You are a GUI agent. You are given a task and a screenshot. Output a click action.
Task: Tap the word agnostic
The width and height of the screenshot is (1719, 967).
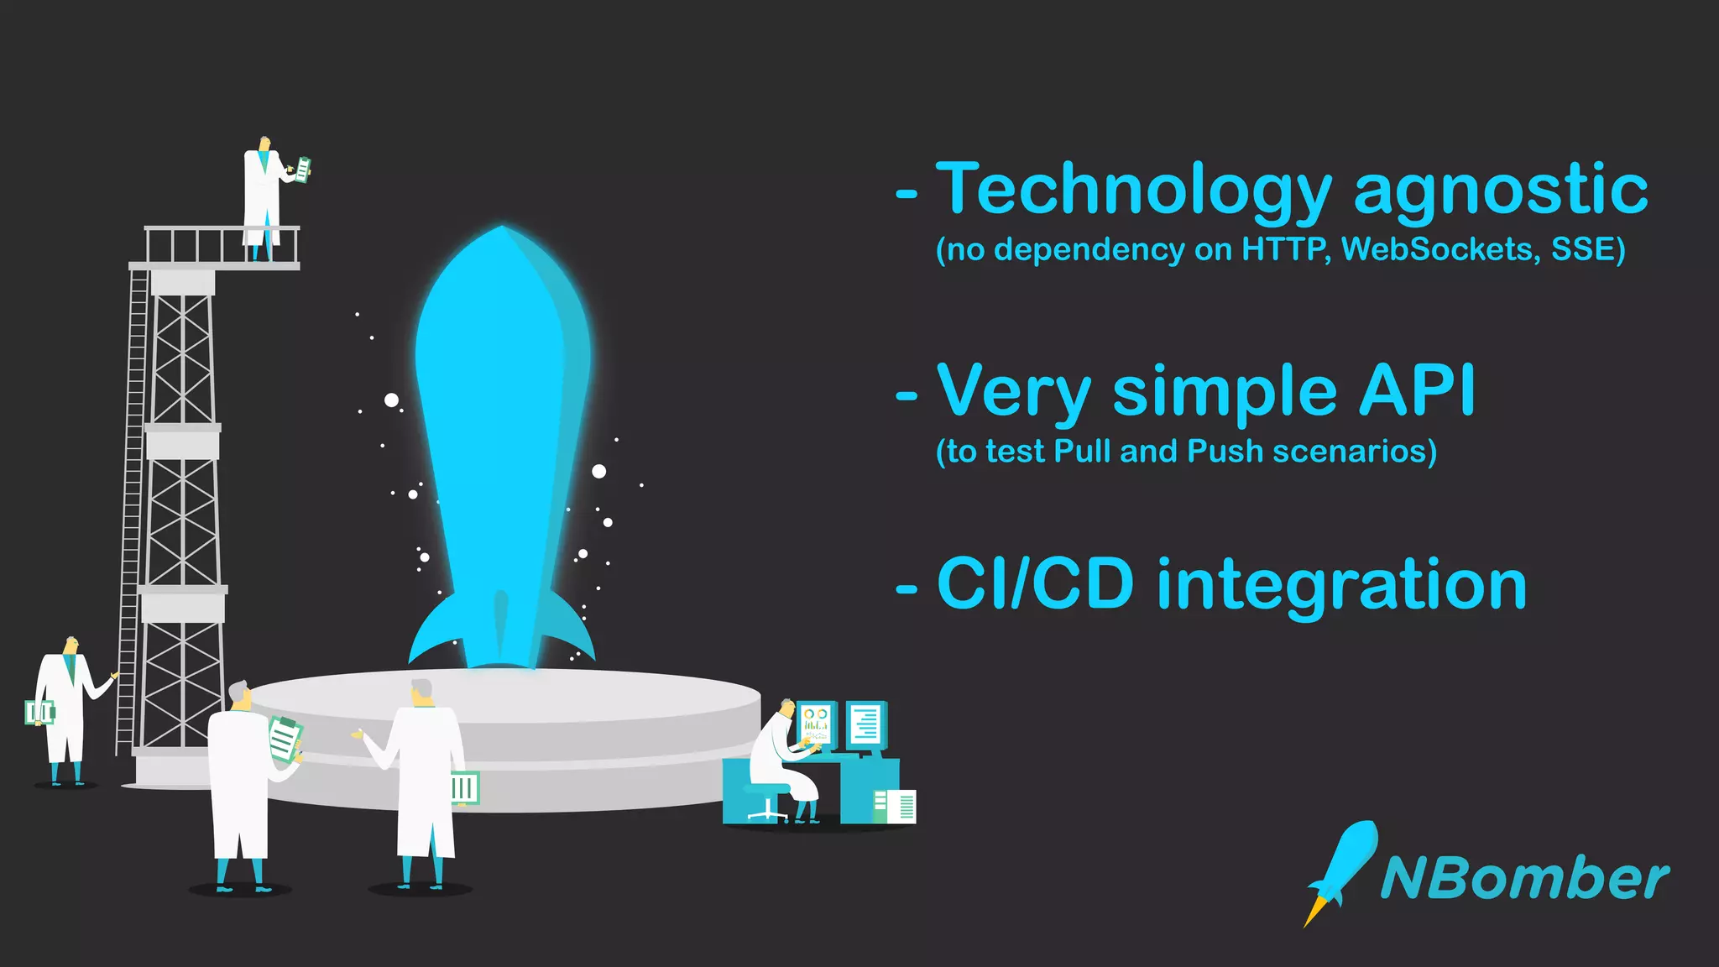[1501, 191]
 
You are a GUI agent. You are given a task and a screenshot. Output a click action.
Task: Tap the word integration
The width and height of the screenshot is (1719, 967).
[1341, 584]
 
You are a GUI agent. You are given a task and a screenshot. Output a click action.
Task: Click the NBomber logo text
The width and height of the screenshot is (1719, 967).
[1524, 879]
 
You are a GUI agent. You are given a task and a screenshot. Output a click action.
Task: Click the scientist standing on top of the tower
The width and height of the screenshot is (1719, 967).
[262, 197]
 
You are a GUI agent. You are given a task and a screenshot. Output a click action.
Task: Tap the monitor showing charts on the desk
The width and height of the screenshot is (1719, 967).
[816, 724]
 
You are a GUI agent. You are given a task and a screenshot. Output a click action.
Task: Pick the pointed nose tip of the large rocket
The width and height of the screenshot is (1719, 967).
[502, 228]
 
